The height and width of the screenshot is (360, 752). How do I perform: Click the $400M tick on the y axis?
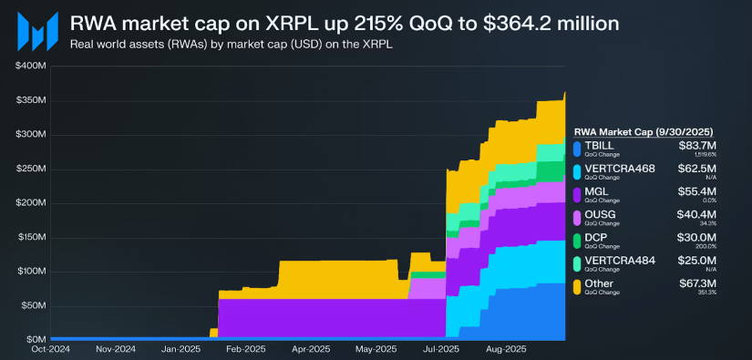pos(31,67)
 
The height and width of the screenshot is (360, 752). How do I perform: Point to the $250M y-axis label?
pos(31,169)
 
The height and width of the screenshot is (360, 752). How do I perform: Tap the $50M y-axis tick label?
pos(34,305)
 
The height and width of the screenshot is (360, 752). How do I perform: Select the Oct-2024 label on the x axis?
pos(50,348)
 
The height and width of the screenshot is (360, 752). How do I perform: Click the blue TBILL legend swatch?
pos(576,148)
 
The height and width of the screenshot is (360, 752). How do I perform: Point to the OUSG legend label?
pos(599,216)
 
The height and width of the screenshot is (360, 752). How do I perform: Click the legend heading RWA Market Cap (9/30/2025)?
pos(650,131)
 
